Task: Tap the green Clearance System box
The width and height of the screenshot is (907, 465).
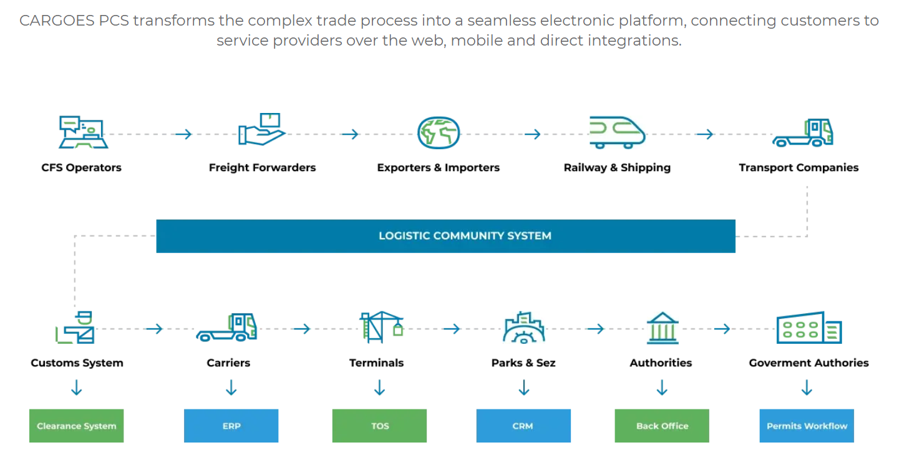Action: [76, 426]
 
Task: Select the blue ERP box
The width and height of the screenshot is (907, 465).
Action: [231, 426]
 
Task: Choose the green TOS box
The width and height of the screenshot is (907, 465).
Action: [379, 426]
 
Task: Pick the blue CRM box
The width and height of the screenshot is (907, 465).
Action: [523, 426]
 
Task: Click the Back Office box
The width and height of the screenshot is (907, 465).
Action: [662, 426]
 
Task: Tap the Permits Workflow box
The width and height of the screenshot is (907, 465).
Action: [807, 426]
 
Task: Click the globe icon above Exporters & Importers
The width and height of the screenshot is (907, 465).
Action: [438, 132]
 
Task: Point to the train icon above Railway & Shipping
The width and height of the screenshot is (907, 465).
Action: [617, 132]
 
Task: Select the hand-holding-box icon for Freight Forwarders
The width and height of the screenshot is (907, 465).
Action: [262, 130]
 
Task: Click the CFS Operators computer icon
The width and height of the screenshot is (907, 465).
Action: [82, 132]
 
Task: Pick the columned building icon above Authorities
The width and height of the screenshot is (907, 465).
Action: [662, 328]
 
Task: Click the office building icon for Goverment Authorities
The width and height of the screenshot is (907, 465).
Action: [808, 328]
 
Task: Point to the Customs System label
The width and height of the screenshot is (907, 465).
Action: [77, 363]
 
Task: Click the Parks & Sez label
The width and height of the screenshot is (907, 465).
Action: [523, 363]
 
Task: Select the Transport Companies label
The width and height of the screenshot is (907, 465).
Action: [798, 167]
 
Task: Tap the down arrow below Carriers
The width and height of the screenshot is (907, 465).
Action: [231, 389]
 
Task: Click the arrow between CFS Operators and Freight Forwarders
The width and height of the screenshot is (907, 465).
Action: [183, 134]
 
